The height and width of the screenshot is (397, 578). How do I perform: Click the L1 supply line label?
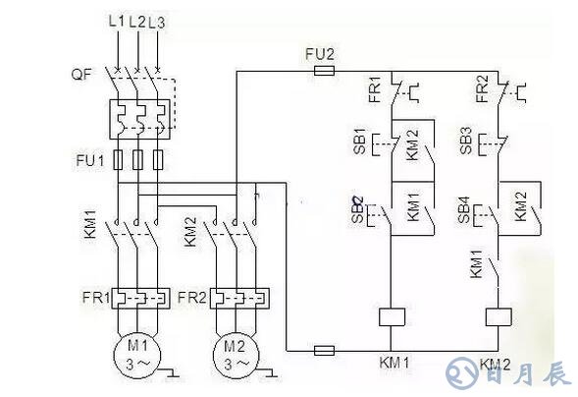tap(117, 22)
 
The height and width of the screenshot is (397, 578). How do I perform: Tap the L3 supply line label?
tap(157, 23)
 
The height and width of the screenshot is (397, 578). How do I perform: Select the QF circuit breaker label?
tap(81, 74)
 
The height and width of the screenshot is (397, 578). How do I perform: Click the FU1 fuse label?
tap(90, 160)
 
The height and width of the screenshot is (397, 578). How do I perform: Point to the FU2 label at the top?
tap(320, 55)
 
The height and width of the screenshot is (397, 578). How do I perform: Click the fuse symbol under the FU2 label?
tap(325, 71)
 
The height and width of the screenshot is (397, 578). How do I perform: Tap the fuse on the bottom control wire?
tap(325, 351)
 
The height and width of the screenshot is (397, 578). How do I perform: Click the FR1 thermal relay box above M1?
tap(140, 298)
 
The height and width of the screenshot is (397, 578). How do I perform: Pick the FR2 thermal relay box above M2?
tap(239, 298)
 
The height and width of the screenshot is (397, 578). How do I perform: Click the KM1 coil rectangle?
tap(392, 317)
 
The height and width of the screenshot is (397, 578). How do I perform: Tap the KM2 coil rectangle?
tap(499, 317)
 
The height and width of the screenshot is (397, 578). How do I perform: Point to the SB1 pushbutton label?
tap(360, 142)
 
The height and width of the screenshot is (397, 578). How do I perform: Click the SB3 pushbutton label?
tap(466, 141)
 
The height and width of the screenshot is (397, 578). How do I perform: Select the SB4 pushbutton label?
tap(464, 210)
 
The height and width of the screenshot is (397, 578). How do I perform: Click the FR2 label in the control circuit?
tap(482, 88)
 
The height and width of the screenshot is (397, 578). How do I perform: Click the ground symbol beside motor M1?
tap(172, 373)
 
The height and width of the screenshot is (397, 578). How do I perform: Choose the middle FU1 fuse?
tap(137, 160)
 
